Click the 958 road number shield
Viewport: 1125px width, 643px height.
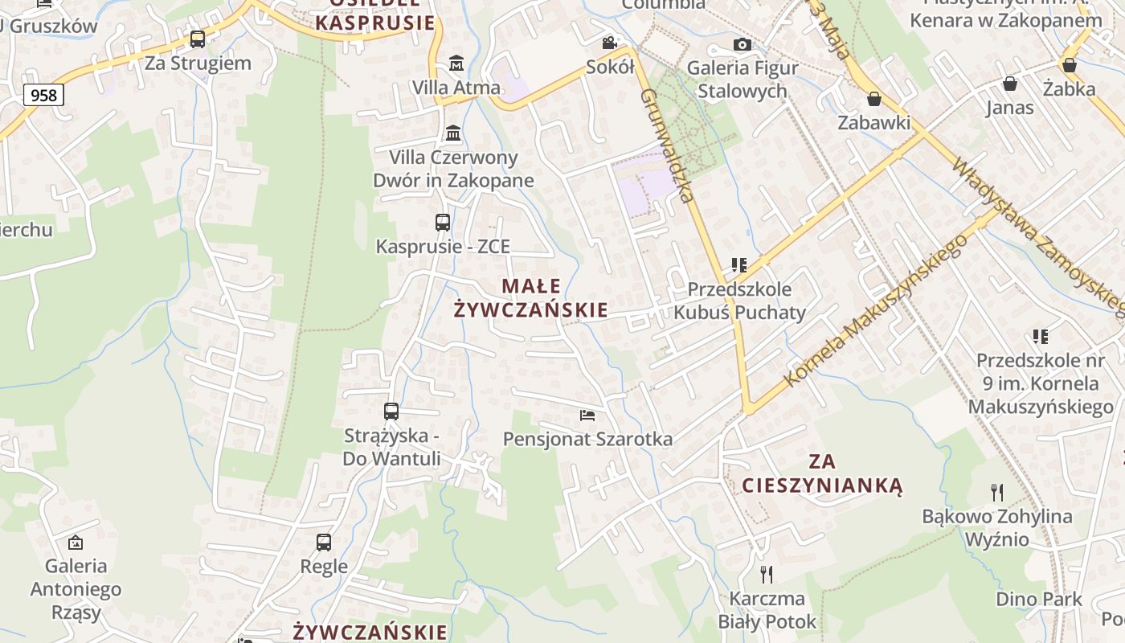[x=43, y=96]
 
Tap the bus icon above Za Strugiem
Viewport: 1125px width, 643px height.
[x=198, y=39]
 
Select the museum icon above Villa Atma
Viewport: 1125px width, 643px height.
[x=456, y=63]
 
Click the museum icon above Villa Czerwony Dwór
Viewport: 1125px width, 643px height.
[x=453, y=133]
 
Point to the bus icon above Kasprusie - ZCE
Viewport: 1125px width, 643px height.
[x=443, y=223]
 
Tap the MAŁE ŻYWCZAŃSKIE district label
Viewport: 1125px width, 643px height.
[x=531, y=297]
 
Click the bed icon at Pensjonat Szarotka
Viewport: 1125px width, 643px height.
[x=587, y=416]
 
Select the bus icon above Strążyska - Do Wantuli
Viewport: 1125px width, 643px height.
[x=391, y=412]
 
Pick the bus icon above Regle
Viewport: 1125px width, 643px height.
[x=324, y=542]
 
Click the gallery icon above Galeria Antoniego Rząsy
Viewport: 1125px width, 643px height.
[x=76, y=543]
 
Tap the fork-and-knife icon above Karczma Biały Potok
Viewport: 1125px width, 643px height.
[x=767, y=574]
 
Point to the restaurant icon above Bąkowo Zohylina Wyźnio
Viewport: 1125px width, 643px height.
[x=997, y=492]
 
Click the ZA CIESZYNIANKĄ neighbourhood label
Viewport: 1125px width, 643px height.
[x=823, y=473]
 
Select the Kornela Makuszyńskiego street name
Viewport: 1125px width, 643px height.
[x=876, y=312]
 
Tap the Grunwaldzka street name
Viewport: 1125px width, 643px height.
[x=667, y=145]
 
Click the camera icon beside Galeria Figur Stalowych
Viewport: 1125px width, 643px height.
[x=742, y=44]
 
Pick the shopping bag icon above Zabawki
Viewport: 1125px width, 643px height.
[x=874, y=99]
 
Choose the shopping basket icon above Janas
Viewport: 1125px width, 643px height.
[x=1010, y=84]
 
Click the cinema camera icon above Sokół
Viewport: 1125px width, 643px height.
[x=611, y=43]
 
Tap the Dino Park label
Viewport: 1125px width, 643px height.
[x=1039, y=599]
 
